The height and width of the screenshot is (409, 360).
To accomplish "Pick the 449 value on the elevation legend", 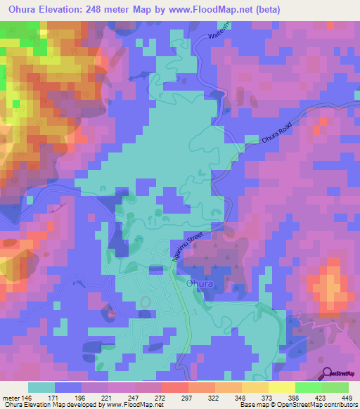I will point(347,396).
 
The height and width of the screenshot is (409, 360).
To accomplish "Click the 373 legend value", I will point(267,396).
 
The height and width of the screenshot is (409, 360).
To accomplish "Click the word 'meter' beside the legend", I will point(11,396).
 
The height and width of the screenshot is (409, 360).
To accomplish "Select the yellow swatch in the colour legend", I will point(281,387).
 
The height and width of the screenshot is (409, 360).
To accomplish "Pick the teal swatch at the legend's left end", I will point(41,387).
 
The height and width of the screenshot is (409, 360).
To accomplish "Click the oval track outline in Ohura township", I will point(146,301).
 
